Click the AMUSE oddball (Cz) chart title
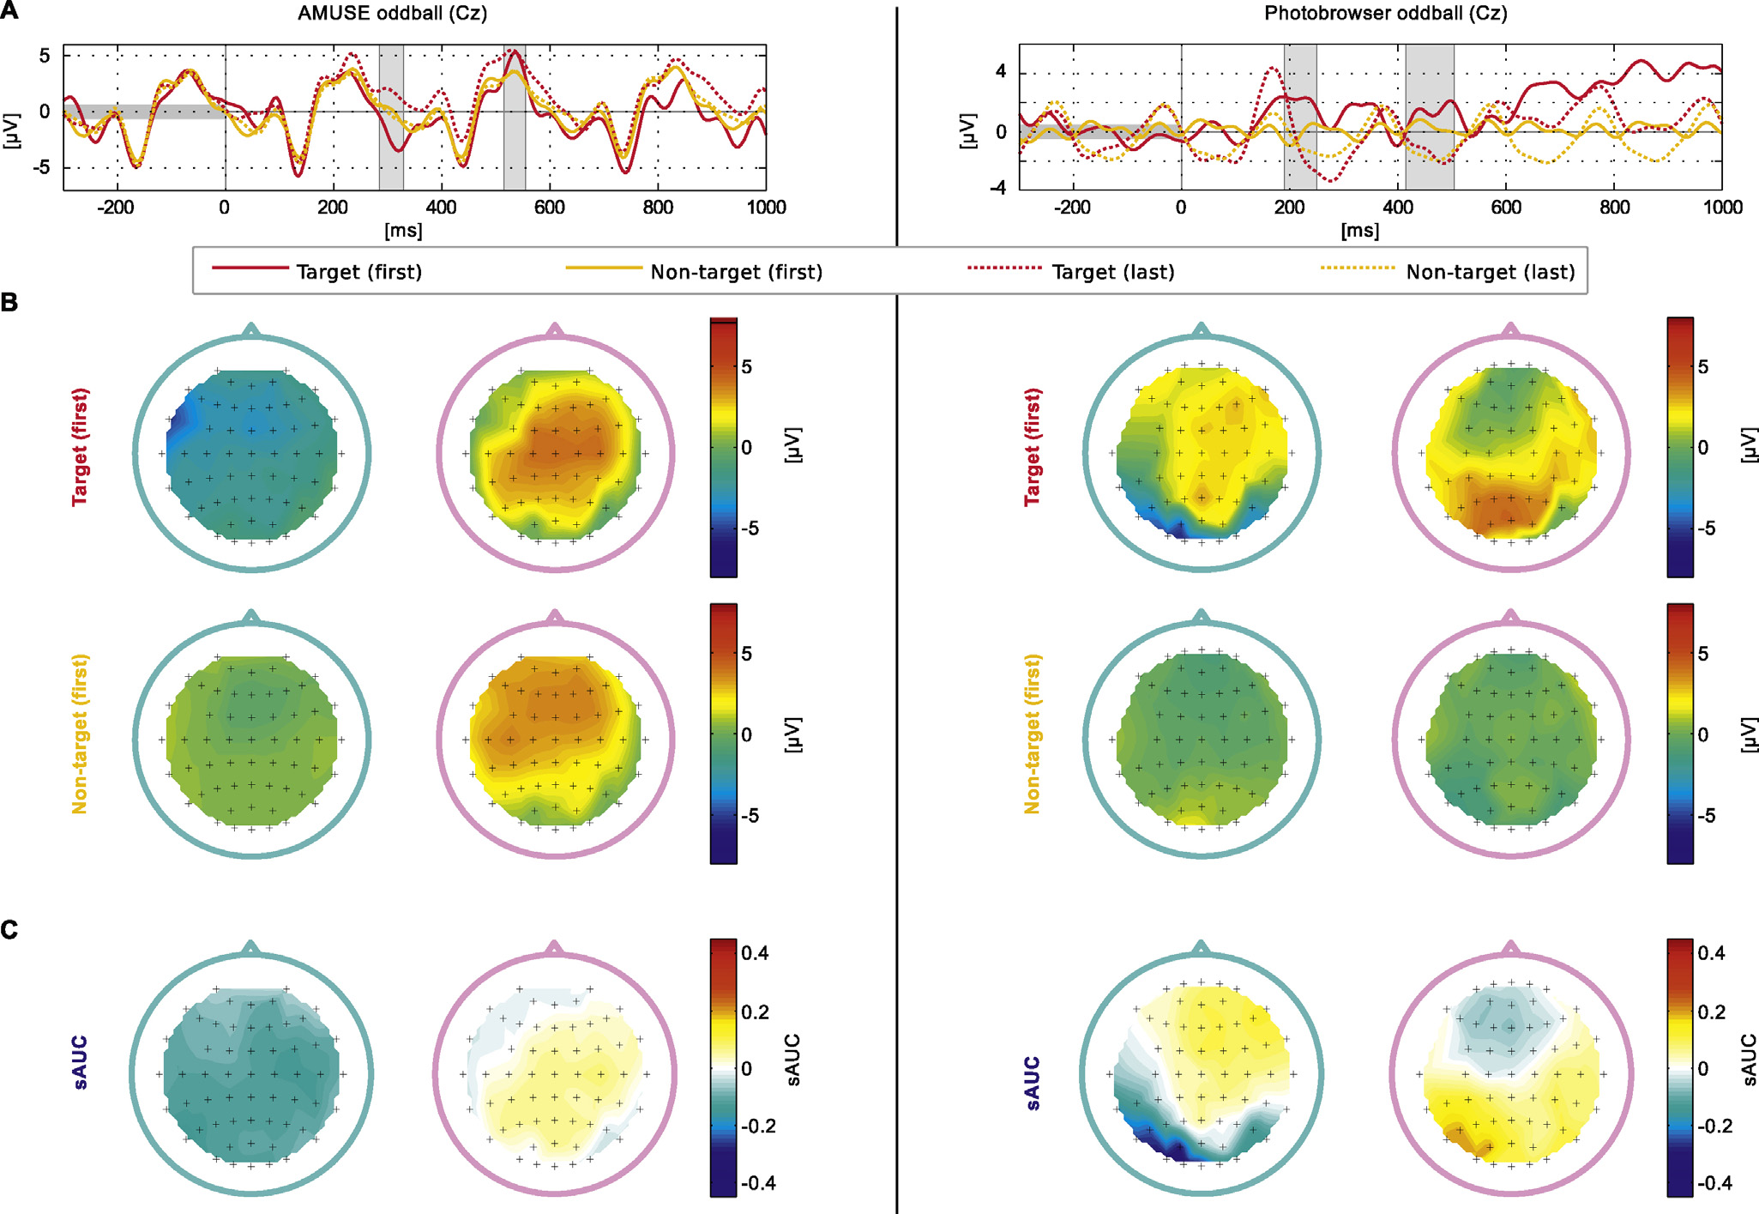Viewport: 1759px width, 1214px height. pyautogui.click(x=392, y=14)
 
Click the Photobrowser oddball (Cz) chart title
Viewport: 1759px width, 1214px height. pyautogui.click(x=1385, y=14)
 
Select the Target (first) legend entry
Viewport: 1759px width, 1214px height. pyautogui.click(x=358, y=272)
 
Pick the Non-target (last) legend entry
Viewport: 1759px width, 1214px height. pyautogui.click(x=1490, y=272)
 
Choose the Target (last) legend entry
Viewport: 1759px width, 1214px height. pyautogui.click(x=1112, y=272)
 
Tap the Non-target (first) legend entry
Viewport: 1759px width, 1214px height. pyautogui.click(x=736, y=272)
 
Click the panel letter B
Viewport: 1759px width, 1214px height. pyautogui.click(x=9, y=302)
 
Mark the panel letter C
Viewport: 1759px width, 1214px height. pyautogui.click(x=9, y=930)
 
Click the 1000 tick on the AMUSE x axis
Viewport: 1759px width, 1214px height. pyautogui.click(x=766, y=208)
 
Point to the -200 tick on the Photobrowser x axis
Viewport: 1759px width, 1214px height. pyautogui.click(x=1072, y=208)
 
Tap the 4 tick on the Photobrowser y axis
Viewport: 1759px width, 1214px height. pyautogui.click(x=1001, y=72)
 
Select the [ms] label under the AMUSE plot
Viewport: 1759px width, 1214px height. pyautogui.click(x=403, y=230)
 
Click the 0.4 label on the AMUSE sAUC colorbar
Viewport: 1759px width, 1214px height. pyautogui.click(x=756, y=953)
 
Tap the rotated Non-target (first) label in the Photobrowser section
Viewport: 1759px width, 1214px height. pyautogui.click(x=1032, y=734)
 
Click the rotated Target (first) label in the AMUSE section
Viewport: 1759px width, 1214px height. pyautogui.click(x=80, y=447)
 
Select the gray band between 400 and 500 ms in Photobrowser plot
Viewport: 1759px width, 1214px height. pyautogui.click(x=1429, y=118)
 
